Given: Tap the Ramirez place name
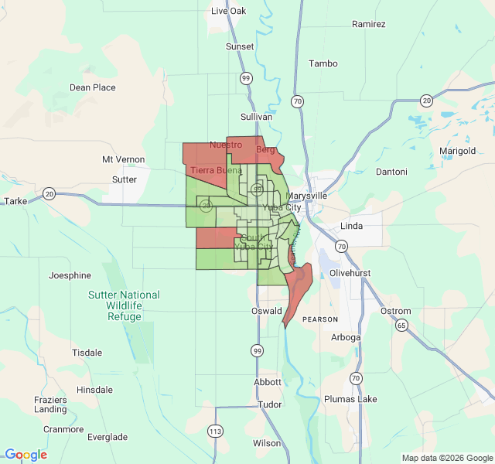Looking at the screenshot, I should (368, 24).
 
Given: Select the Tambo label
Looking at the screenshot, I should (323, 63).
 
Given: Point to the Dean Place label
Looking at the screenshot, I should (93, 87).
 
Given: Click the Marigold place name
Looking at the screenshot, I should (457, 151).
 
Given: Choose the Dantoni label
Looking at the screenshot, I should (391, 171).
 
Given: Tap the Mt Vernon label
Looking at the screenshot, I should (124, 159).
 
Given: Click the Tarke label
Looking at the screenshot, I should (15, 201).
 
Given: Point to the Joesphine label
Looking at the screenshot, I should (70, 275).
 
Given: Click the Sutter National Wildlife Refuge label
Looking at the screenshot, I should (124, 305).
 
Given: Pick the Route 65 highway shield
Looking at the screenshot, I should (401, 326).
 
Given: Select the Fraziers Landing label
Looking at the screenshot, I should (50, 404).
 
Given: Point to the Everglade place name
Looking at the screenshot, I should (108, 437).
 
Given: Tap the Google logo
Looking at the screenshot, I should (26, 455).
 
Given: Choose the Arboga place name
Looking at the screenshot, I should (346, 337).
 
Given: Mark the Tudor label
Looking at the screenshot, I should (270, 404).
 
